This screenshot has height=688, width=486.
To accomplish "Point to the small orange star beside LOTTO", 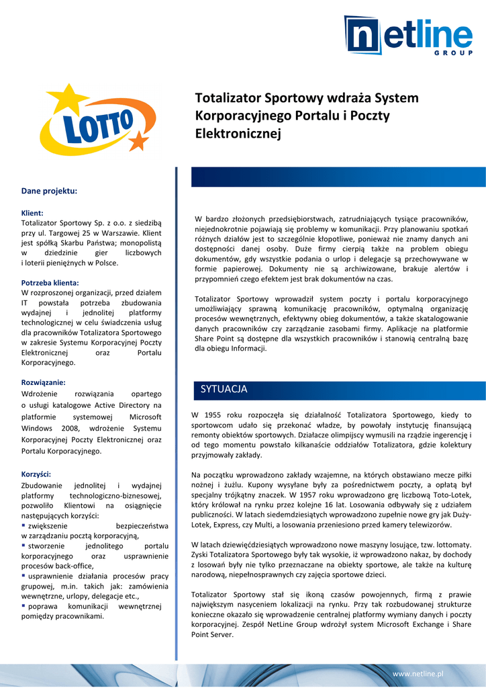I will click(x=136, y=142).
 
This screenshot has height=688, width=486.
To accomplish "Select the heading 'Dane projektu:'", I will click(x=49, y=191).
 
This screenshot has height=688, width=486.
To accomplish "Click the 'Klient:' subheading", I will click(x=32, y=212).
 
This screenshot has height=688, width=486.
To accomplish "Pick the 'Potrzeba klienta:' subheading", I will click(x=50, y=283).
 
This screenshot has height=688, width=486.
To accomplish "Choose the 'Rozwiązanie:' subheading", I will click(x=43, y=382).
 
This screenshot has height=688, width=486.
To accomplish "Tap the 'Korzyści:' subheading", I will click(x=36, y=474).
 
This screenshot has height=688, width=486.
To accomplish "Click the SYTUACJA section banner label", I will click(x=224, y=389).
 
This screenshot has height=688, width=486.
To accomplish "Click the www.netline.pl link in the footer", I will click(x=418, y=673).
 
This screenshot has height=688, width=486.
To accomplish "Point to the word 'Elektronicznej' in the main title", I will click(x=237, y=133).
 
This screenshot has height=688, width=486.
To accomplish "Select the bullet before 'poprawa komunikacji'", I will click(x=23, y=606).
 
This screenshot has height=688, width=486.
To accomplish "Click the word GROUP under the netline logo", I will click(x=458, y=52).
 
